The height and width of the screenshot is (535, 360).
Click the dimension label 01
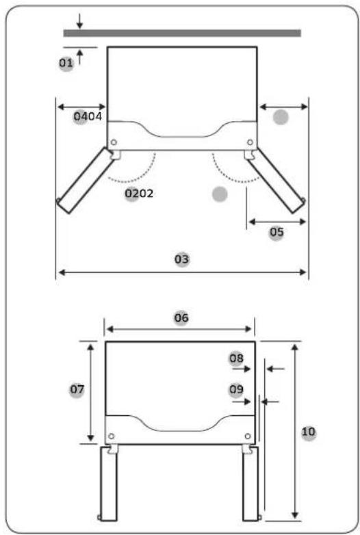pos(66,63)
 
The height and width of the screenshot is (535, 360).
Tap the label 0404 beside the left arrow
pos(88,117)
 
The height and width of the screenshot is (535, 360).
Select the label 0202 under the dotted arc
pos(139,194)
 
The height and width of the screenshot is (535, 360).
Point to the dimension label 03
pos(181,259)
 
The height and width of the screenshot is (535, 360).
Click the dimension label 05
pos(277,233)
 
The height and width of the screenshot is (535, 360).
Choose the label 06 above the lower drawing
pos(181,318)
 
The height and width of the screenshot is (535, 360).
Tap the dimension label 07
pos(77,389)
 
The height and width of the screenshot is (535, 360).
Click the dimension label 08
pos(237,358)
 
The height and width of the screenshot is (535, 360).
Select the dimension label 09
pos(237,389)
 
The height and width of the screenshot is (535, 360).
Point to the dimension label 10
pos(309,432)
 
